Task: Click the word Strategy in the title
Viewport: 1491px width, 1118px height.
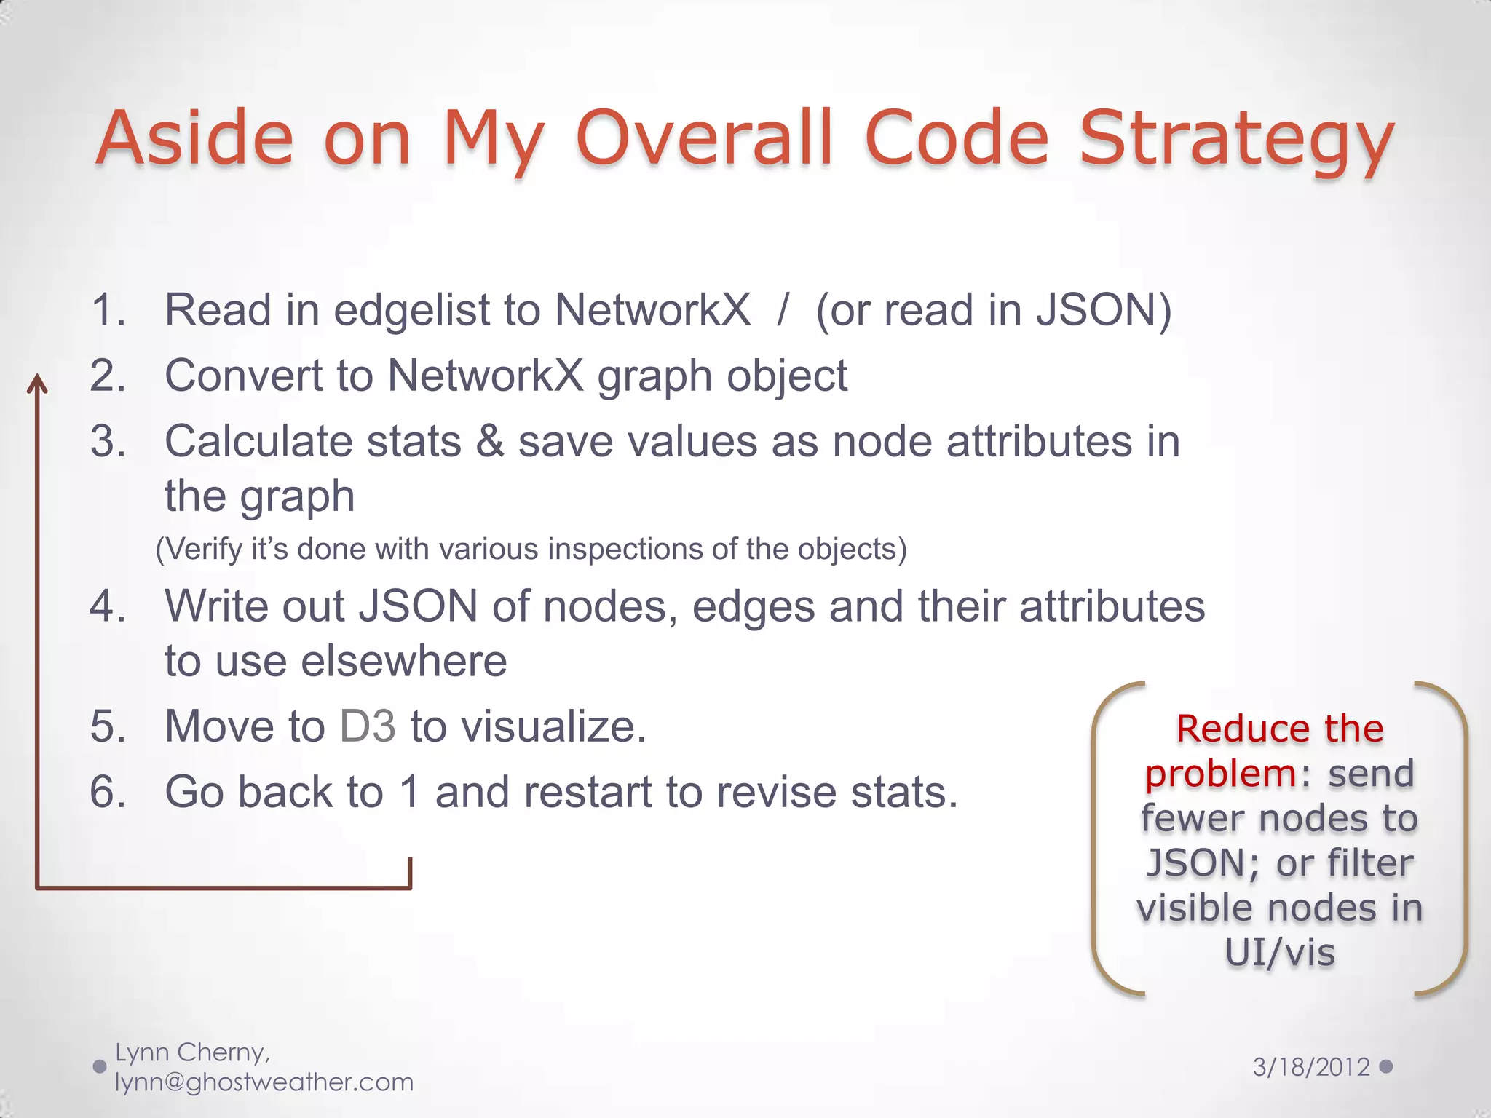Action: tap(1235, 138)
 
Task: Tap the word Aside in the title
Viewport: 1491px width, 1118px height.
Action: tap(194, 138)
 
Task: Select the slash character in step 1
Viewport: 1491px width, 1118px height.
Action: tap(783, 310)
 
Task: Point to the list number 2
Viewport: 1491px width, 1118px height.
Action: tap(108, 376)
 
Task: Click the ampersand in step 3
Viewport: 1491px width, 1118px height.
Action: tap(489, 442)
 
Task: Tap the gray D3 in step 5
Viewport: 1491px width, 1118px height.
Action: tap(368, 726)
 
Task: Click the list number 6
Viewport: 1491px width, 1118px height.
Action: tap(108, 792)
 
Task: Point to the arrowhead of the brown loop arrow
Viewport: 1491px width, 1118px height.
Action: tap(37, 384)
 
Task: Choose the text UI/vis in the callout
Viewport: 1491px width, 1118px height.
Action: tap(1279, 953)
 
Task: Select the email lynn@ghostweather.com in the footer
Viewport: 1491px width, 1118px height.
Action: tap(264, 1082)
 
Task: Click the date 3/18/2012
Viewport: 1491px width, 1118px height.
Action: tap(1311, 1067)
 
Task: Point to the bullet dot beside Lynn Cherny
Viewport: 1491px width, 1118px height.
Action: tap(100, 1067)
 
